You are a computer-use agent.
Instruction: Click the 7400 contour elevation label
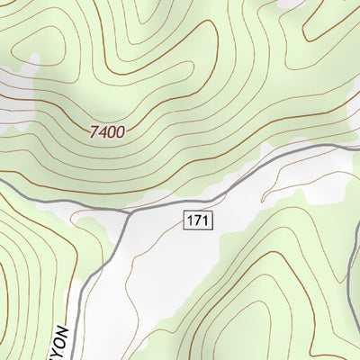(x=107, y=131)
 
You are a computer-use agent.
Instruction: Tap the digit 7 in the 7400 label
(x=94, y=131)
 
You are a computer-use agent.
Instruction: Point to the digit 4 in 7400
(x=103, y=131)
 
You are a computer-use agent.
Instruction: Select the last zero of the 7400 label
(x=120, y=131)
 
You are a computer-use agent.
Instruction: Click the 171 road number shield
(x=198, y=220)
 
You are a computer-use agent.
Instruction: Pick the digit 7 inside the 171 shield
(x=198, y=220)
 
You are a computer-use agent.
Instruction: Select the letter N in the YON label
(x=64, y=328)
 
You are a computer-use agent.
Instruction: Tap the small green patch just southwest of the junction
(x=94, y=220)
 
